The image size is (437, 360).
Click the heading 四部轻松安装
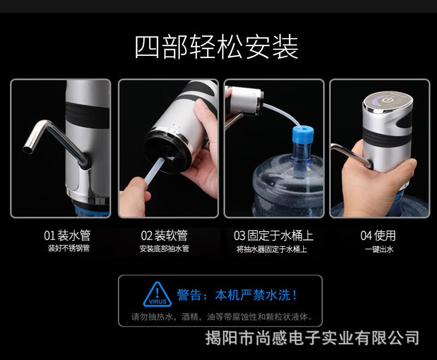click(216, 46)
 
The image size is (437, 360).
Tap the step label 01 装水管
click(67, 236)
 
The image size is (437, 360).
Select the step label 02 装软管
click(164, 236)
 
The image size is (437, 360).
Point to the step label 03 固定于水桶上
click(274, 236)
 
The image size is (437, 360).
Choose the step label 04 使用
click(378, 236)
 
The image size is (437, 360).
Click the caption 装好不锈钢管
click(69, 248)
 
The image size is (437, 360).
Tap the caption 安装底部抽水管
click(164, 248)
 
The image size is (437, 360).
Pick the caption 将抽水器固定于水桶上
click(272, 249)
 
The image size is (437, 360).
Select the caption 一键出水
click(379, 249)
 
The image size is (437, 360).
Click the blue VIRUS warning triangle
click(158, 295)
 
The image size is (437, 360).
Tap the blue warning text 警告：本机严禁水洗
click(237, 295)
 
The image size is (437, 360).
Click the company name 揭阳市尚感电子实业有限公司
click(312, 338)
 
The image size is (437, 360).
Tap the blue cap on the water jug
click(303, 138)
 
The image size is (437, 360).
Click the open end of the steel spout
click(28, 149)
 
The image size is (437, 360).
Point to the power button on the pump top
click(386, 100)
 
